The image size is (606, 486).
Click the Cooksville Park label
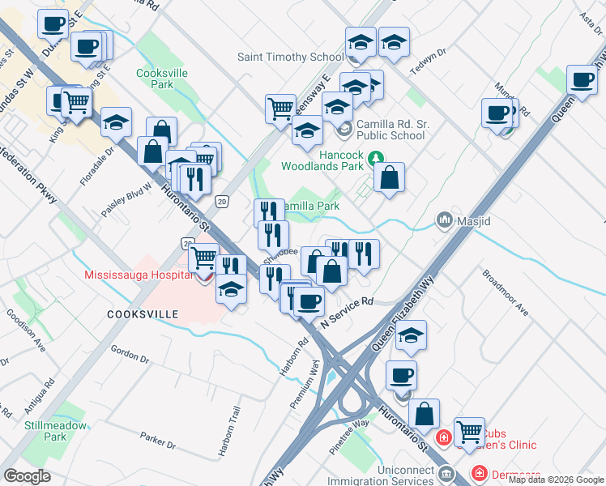(x=156, y=78)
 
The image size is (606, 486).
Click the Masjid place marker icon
(x=444, y=220)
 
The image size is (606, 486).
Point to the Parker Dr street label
(x=157, y=441)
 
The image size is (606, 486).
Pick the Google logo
(x=27, y=476)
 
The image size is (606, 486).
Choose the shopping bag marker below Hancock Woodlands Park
(x=389, y=179)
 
